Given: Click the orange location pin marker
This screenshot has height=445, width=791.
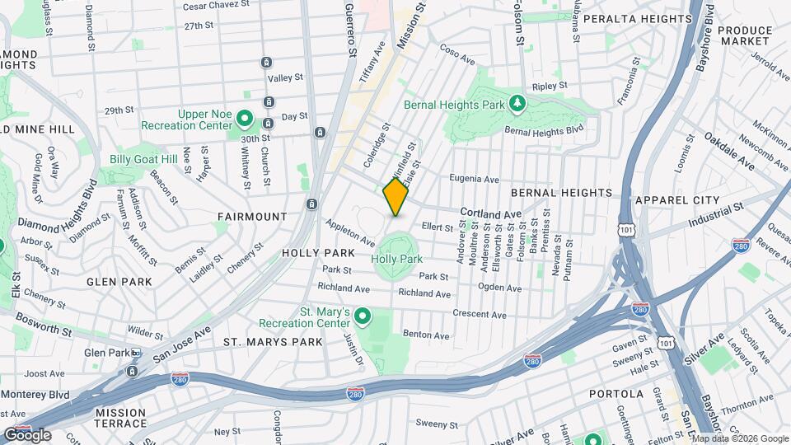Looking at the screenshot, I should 396,196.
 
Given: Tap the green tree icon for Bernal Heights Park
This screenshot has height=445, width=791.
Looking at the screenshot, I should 517,104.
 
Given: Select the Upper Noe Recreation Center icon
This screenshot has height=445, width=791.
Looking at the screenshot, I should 244,119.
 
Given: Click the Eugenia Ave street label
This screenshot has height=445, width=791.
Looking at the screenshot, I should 474,179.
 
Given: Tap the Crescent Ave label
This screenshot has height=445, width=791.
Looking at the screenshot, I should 480,315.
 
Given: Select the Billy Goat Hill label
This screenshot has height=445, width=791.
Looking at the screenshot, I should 144,159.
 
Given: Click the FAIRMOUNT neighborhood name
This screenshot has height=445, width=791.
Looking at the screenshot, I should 252,217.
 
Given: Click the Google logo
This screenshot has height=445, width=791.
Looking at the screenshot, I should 27,435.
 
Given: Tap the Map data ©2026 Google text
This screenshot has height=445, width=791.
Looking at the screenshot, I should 739,438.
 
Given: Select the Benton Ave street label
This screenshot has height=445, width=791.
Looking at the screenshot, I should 426,335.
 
